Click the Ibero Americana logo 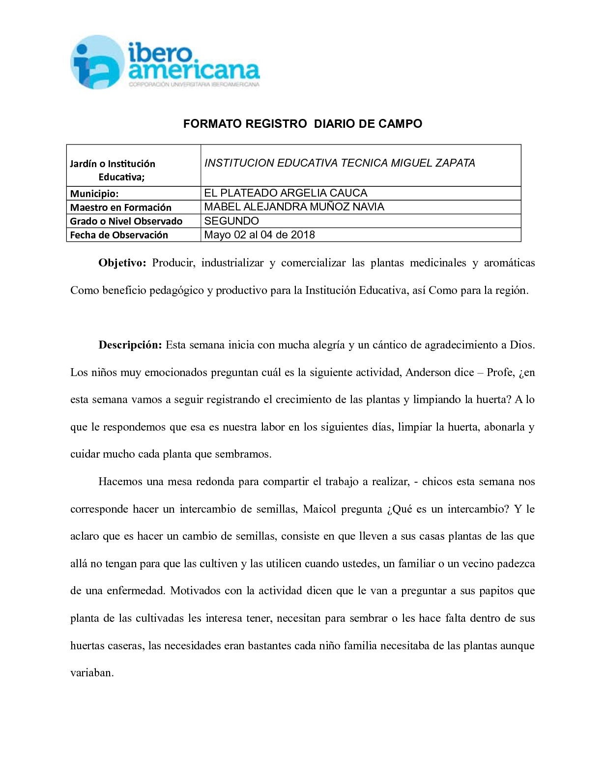[165, 62]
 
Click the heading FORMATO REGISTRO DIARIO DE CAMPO [303, 124]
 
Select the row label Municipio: [94, 194]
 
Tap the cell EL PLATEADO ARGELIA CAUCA [286, 193]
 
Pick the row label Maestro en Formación [121, 207]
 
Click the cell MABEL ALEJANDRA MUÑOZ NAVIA [294, 206]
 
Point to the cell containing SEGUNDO [231, 221]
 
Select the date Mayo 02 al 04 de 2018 [259, 234]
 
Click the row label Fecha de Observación [119, 235]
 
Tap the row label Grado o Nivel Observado [126, 221]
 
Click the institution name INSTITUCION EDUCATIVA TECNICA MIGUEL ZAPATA [340, 163]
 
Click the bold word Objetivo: [122, 263]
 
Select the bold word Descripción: [130, 345]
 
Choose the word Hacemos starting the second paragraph [119, 481]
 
